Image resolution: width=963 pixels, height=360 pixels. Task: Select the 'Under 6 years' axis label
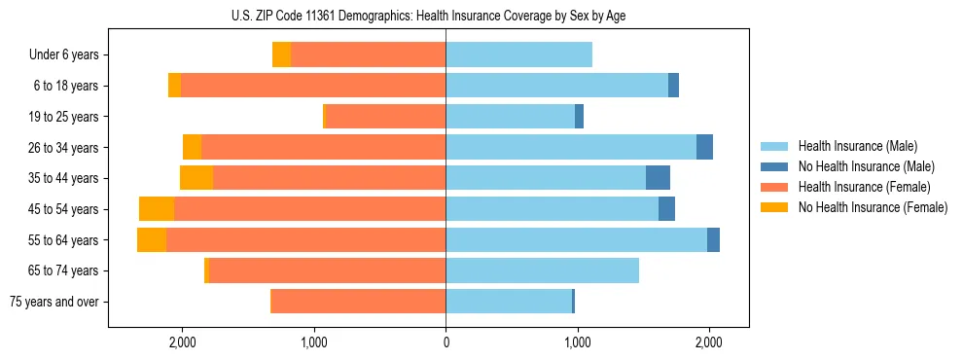point(64,55)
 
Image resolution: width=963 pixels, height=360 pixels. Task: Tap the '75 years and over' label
point(54,302)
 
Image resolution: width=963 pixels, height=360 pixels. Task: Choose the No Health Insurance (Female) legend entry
point(873,207)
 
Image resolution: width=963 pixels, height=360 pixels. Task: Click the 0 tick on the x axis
point(446,342)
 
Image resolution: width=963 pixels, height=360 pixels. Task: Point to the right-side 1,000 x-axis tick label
point(578,342)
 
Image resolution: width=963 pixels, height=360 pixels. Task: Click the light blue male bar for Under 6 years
point(518,55)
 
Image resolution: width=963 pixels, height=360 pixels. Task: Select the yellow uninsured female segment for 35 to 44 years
point(196,178)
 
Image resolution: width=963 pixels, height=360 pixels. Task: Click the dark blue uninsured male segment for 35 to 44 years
point(658,178)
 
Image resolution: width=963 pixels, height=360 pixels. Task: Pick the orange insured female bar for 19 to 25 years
point(385,117)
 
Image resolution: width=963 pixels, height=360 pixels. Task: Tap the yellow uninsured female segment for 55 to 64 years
point(152,240)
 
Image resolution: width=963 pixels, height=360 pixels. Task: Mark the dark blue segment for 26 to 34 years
point(704,147)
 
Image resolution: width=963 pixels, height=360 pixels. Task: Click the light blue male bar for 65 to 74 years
point(542,270)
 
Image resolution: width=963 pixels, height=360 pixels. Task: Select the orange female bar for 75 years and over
point(358,302)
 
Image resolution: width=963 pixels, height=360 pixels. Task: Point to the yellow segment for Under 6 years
point(281,55)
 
